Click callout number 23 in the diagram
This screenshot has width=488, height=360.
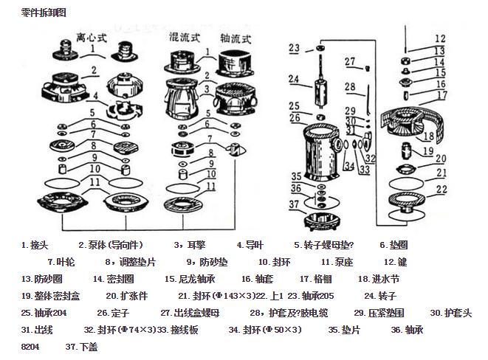[x=294, y=48]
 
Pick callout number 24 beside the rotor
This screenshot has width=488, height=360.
[x=294, y=79]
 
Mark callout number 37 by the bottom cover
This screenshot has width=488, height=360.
[x=295, y=204]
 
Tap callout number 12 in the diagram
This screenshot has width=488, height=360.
[x=440, y=38]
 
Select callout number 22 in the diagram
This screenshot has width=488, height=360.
[x=441, y=190]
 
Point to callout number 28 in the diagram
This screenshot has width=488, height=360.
[x=350, y=87]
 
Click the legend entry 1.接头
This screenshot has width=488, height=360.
[x=35, y=245]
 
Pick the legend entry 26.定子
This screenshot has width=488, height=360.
[x=113, y=313]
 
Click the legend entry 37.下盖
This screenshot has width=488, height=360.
[x=81, y=347]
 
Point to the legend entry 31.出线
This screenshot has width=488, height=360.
[x=37, y=330]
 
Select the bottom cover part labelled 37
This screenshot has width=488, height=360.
[x=322, y=218]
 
